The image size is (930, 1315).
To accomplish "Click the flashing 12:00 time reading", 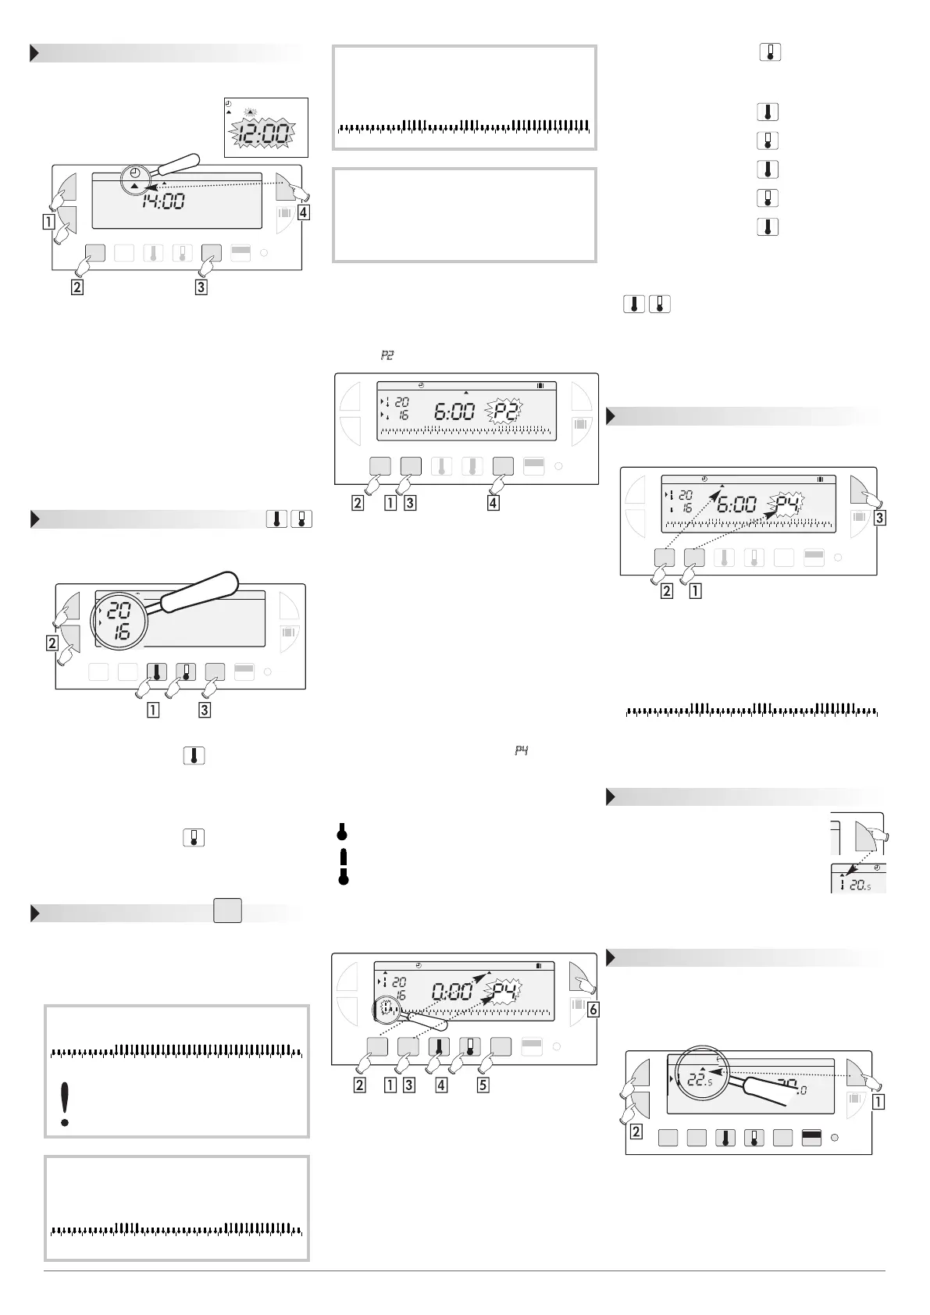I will (265, 135).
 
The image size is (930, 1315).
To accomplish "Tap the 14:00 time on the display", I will (163, 201).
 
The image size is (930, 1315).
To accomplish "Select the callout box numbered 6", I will (593, 1010).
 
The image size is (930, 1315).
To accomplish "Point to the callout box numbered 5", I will (483, 1084).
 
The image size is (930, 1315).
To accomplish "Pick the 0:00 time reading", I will (451, 992).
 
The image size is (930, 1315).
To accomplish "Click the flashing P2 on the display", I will (506, 411).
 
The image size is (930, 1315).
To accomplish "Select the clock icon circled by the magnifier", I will (136, 173).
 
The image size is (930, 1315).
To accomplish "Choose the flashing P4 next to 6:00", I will (788, 504).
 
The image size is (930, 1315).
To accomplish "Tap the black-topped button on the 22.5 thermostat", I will (811, 1138).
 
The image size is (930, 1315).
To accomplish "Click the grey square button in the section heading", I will (228, 911).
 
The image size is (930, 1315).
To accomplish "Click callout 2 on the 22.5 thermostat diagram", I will (636, 1132).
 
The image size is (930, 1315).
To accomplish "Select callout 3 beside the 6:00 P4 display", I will (880, 517).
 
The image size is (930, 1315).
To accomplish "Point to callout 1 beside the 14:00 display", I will (48, 221).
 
